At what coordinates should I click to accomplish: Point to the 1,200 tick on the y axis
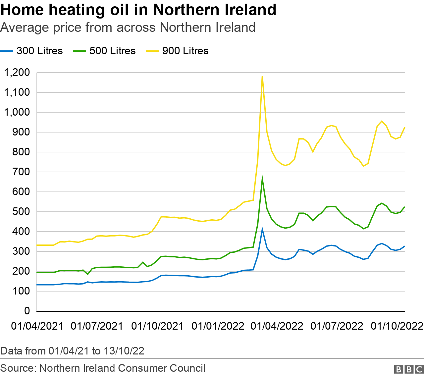point(17,72)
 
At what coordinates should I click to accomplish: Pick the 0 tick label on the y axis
point(27,311)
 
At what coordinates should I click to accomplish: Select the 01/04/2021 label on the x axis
point(37,326)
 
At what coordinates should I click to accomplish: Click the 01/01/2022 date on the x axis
point(218,326)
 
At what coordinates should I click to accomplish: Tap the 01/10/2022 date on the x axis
point(397,326)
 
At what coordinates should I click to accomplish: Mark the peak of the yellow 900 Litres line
point(262,76)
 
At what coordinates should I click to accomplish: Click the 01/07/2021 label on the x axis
point(97,326)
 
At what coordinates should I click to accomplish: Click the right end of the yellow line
point(405,128)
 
